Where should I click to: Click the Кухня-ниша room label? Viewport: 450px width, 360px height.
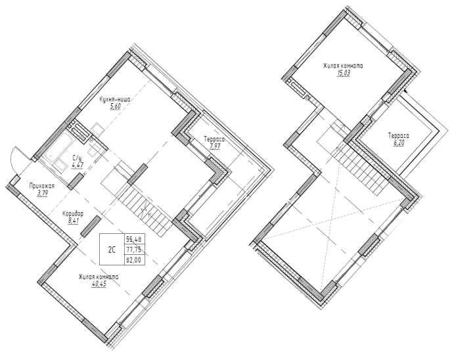point(115,100)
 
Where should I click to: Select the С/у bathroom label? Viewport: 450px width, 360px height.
point(78,158)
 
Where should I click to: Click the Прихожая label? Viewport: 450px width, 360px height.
point(42,187)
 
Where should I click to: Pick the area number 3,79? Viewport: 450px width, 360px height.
point(42,193)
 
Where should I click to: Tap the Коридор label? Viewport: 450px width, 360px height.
point(73,214)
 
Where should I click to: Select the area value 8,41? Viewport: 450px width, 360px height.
point(73,221)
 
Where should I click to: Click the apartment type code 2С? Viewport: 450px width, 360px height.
point(112,250)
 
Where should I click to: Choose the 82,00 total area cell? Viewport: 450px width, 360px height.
point(135,259)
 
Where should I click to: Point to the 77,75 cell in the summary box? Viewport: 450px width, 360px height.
point(135,249)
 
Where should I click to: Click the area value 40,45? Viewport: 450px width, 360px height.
point(99,285)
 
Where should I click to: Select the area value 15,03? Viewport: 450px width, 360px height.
point(343,73)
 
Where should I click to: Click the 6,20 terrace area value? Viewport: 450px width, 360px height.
point(399,143)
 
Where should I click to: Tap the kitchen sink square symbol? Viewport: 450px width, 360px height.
point(99,129)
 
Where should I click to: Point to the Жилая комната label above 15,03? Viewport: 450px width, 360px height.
point(343,66)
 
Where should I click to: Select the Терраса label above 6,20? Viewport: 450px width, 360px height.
point(399,135)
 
